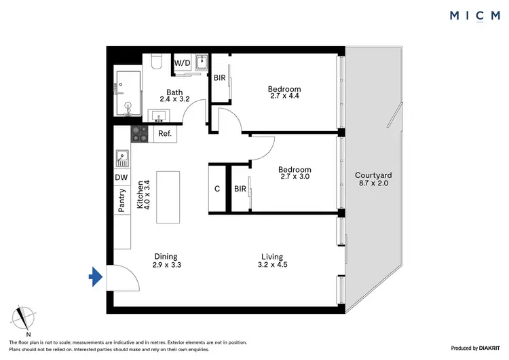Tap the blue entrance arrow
click(96, 276)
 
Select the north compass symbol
click(26, 320)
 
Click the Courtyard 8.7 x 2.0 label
click(373, 179)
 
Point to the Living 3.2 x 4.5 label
click(271, 261)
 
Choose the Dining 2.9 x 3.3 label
click(165, 261)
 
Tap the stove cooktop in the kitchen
click(140, 134)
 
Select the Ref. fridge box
click(164, 134)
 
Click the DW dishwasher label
click(121, 177)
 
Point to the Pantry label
click(122, 202)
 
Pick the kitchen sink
click(122, 158)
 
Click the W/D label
click(182, 63)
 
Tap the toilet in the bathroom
click(156, 63)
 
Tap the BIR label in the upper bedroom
click(219, 78)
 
